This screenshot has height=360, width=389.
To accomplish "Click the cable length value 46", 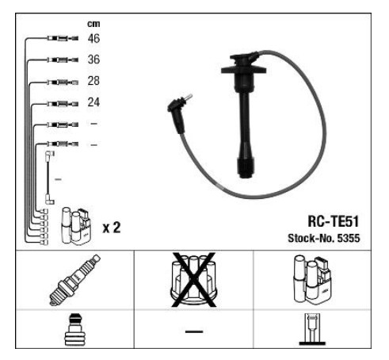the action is [93, 39].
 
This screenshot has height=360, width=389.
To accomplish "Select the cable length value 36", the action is [93, 59].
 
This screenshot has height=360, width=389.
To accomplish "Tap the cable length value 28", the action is [93, 81].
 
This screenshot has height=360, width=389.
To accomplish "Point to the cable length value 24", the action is [93, 102].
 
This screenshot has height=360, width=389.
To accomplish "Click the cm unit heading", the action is [93, 24].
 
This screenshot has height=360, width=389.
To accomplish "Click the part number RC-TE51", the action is [334, 221].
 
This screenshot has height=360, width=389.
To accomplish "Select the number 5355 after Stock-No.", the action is [349, 239].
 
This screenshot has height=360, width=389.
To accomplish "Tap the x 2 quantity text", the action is [112, 228].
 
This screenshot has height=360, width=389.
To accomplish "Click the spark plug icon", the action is [74, 280].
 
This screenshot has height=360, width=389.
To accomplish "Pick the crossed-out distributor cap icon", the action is [194, 280].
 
